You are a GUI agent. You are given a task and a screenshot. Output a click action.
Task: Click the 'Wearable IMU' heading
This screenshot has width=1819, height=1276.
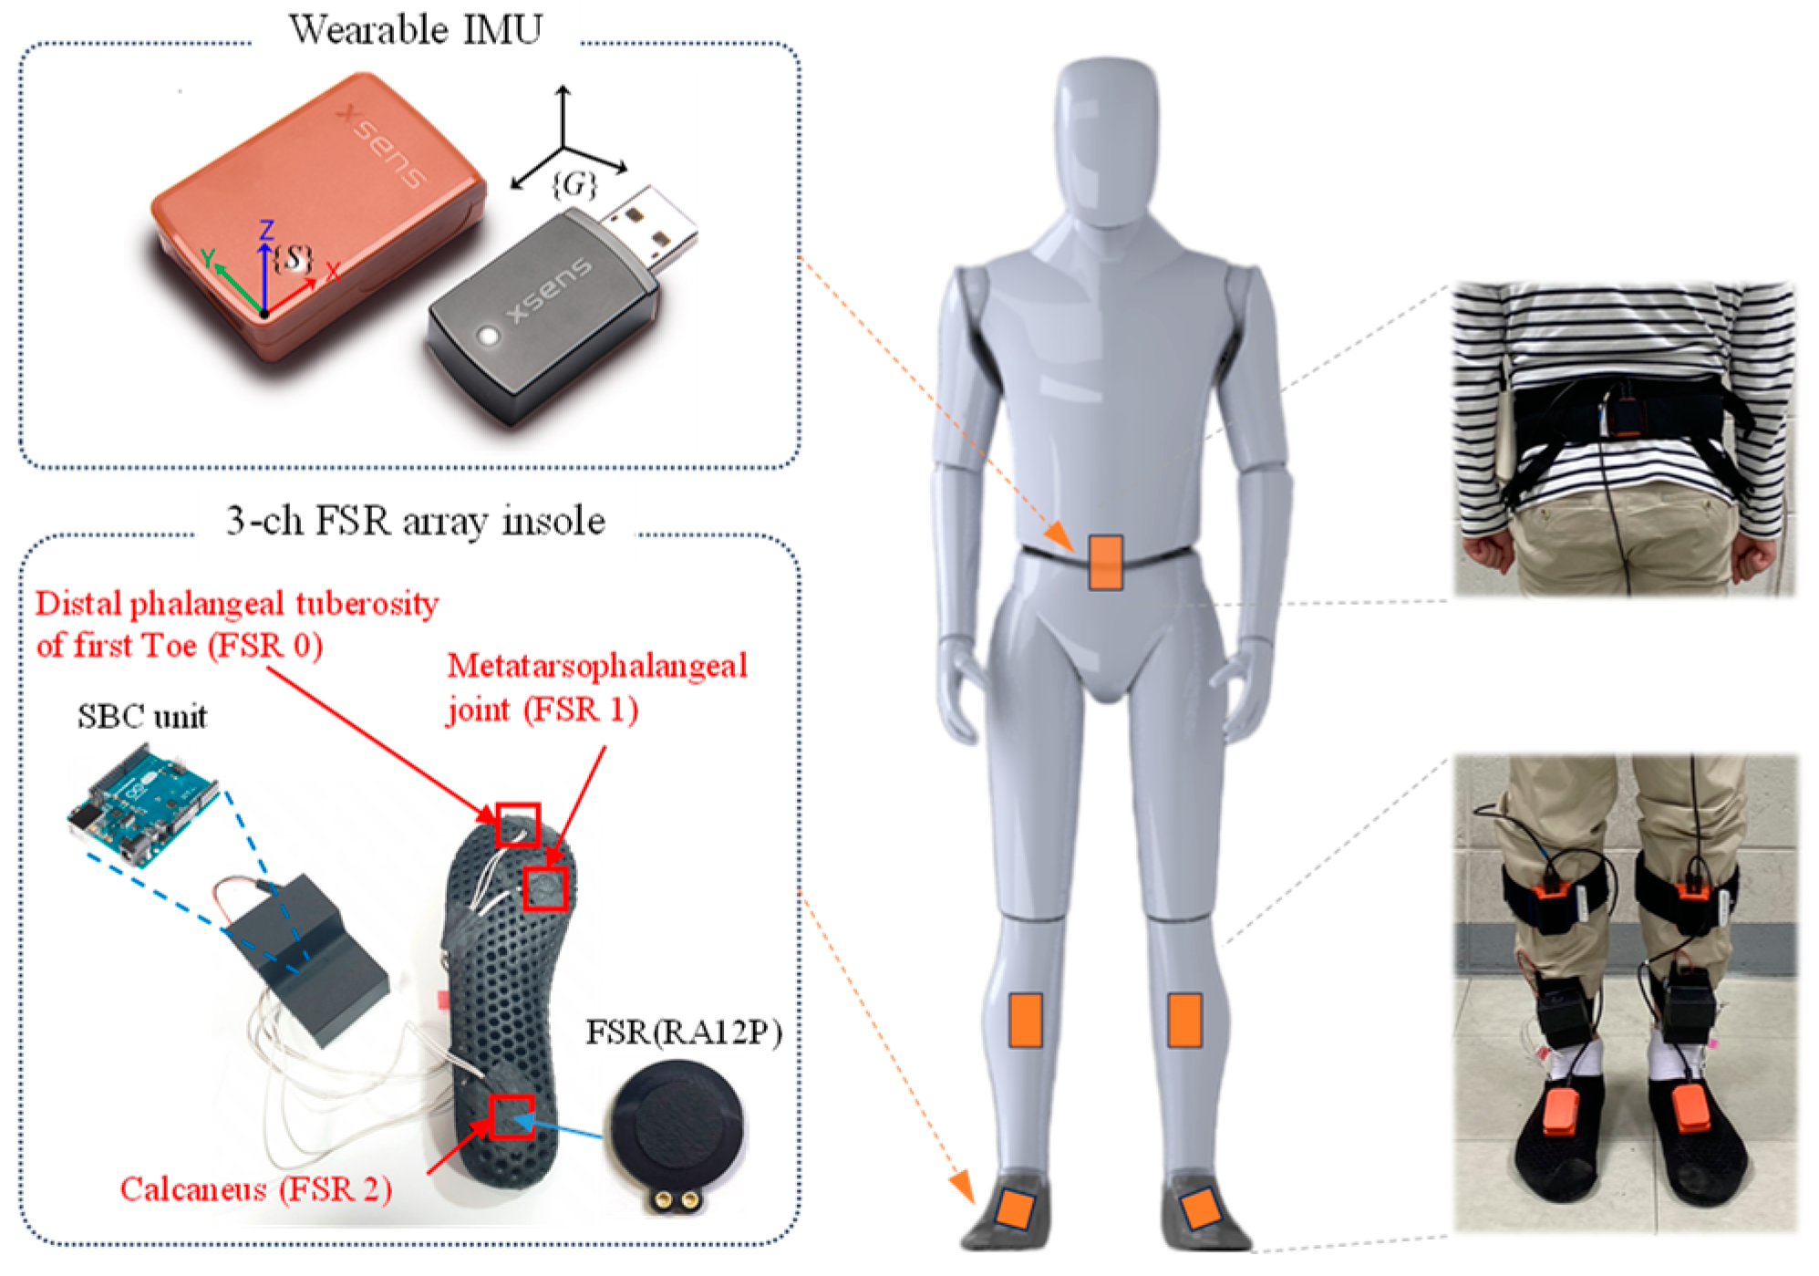[415, 30]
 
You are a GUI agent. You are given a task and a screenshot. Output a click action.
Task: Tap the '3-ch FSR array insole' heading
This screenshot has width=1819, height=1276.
[415, 522]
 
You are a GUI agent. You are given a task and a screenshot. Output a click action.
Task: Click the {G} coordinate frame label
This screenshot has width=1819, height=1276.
[574, 185]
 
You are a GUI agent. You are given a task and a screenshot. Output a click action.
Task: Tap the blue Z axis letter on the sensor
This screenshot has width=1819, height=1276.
[266, 230]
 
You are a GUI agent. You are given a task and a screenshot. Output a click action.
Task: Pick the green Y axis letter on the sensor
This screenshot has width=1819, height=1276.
[209, 259]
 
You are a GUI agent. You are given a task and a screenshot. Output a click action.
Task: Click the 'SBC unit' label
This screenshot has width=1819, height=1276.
[142, 717]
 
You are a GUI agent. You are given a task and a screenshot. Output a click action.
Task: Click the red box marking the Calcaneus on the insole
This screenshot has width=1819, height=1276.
[512, 1116]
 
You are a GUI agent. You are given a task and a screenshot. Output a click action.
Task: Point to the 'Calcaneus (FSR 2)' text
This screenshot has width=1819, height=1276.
[256, 1189]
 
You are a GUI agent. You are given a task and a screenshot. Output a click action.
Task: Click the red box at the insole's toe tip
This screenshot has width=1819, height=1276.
[518, 825]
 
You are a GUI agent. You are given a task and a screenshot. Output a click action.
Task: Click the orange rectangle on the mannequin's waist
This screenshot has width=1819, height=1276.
[1105, 563]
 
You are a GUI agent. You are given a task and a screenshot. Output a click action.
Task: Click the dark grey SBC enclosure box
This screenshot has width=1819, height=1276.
[305, 958]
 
